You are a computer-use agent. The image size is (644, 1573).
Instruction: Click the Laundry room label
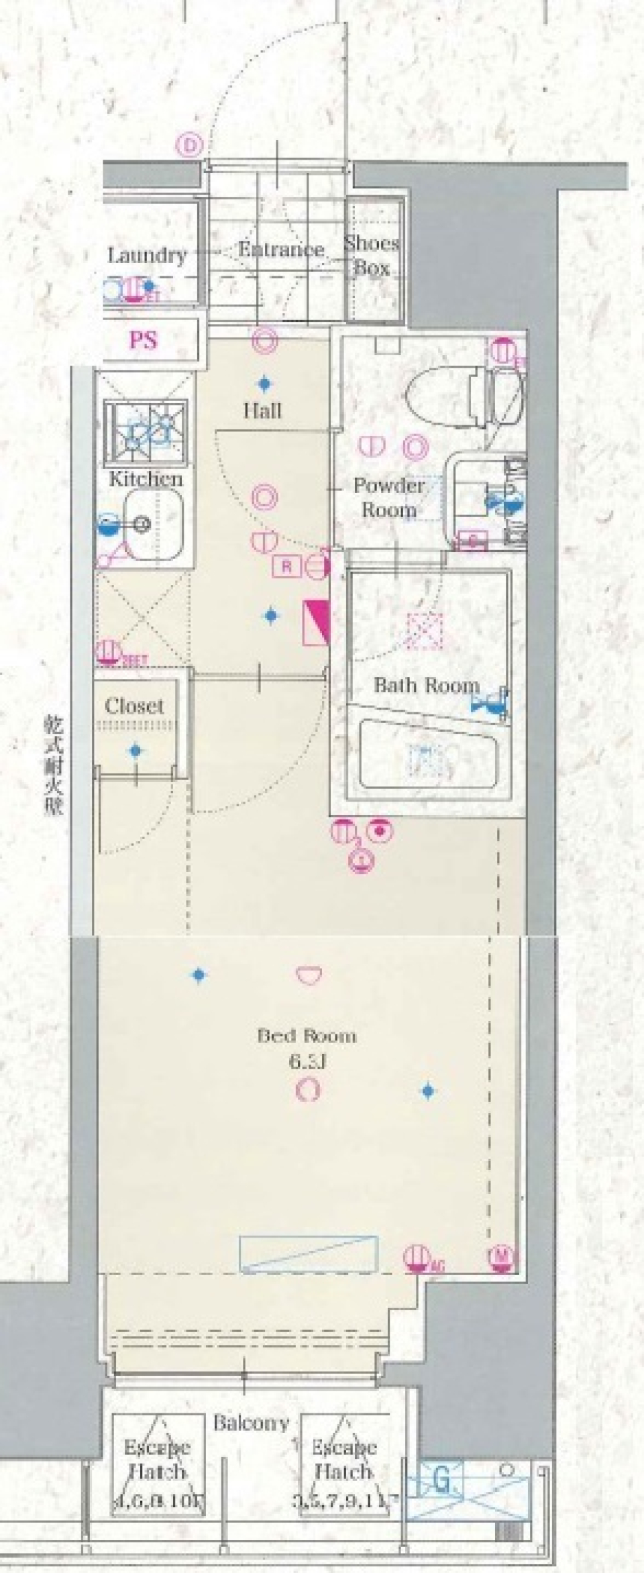click(x=147, y=256)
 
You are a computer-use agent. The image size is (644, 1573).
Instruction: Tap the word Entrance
click(x=282, y=250)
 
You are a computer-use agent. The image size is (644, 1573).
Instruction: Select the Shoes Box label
click(x=372, y=256)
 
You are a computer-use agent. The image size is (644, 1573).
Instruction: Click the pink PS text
click(x=144, y=340)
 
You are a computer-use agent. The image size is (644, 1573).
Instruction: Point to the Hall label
click(x=262, y=411)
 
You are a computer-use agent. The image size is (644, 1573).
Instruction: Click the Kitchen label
click(x=146, y=479)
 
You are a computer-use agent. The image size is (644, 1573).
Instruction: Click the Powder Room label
click(x=389, y=498)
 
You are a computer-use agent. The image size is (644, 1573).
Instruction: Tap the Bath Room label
click(x=426, y=686)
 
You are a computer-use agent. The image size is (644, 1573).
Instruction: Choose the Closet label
click(x=134, y=706)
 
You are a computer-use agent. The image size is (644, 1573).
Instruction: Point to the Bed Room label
click(x=307, y=1036)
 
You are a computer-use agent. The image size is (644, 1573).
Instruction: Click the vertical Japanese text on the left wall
click(x=54, y=765)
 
